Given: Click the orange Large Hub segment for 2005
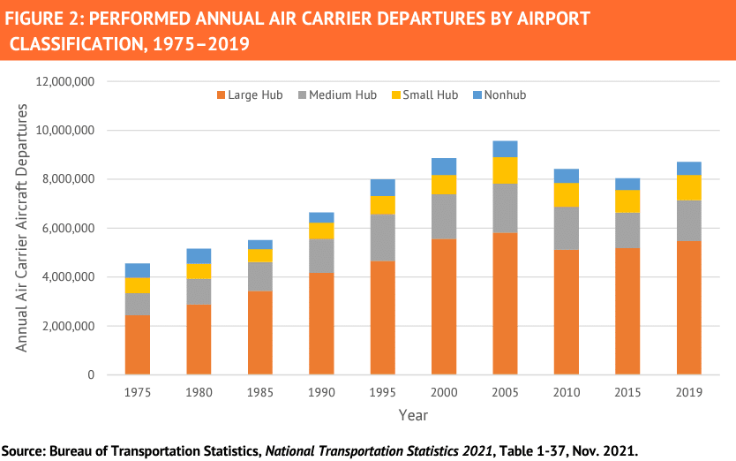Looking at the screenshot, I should [x=506, y=304].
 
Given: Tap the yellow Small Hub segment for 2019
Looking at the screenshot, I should [x=689, y=188].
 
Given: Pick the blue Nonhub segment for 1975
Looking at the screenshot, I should [x=137, y=270].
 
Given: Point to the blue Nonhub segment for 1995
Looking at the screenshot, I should [x=382, y=187].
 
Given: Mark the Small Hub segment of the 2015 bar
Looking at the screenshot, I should [x=627, y=201].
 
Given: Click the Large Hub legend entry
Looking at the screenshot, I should [x=249, y=95].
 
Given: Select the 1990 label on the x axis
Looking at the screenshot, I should [x=320, y=391].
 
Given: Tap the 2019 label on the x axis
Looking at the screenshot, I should [x=689, y=391].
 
